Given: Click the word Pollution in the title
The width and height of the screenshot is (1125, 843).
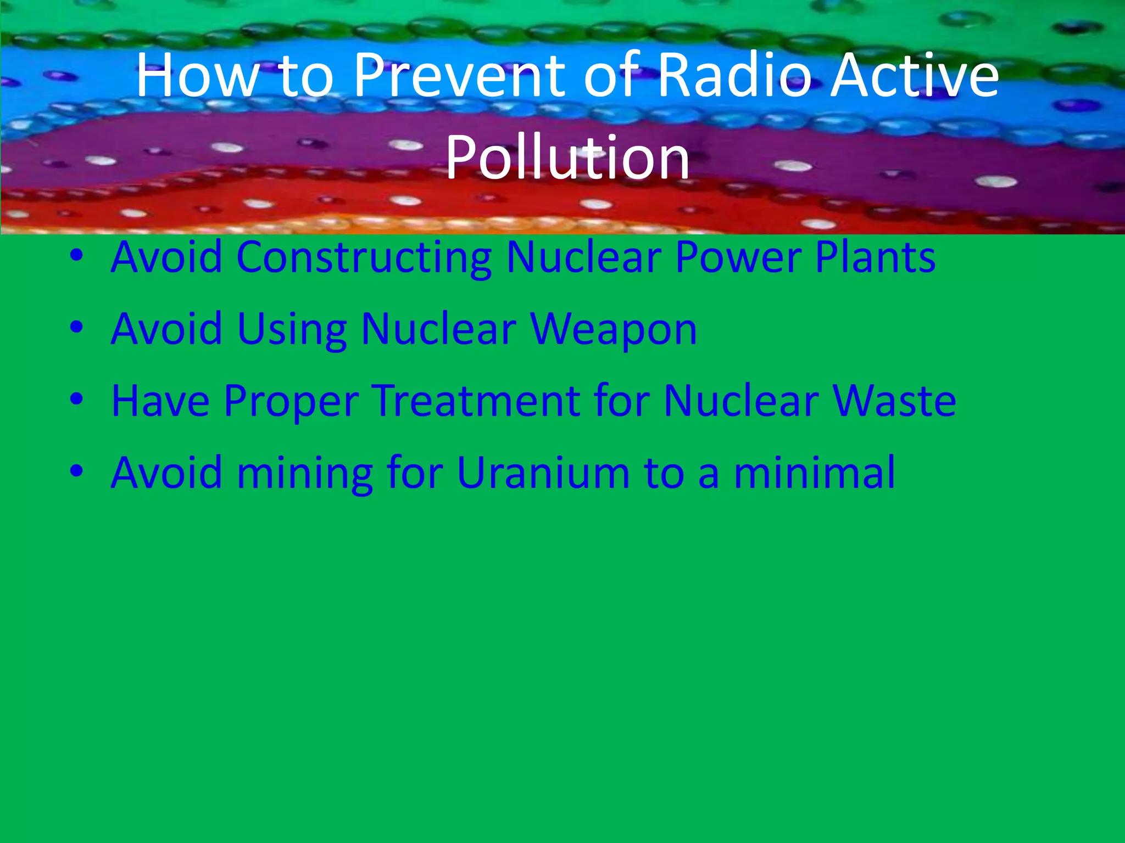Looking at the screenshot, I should [x=567, y=159].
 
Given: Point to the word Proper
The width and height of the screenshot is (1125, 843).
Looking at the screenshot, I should [x=291, y=401].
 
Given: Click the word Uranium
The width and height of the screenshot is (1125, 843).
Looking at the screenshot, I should [x=543, y=473].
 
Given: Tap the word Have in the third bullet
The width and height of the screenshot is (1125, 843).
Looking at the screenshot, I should [x=160, y=401].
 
